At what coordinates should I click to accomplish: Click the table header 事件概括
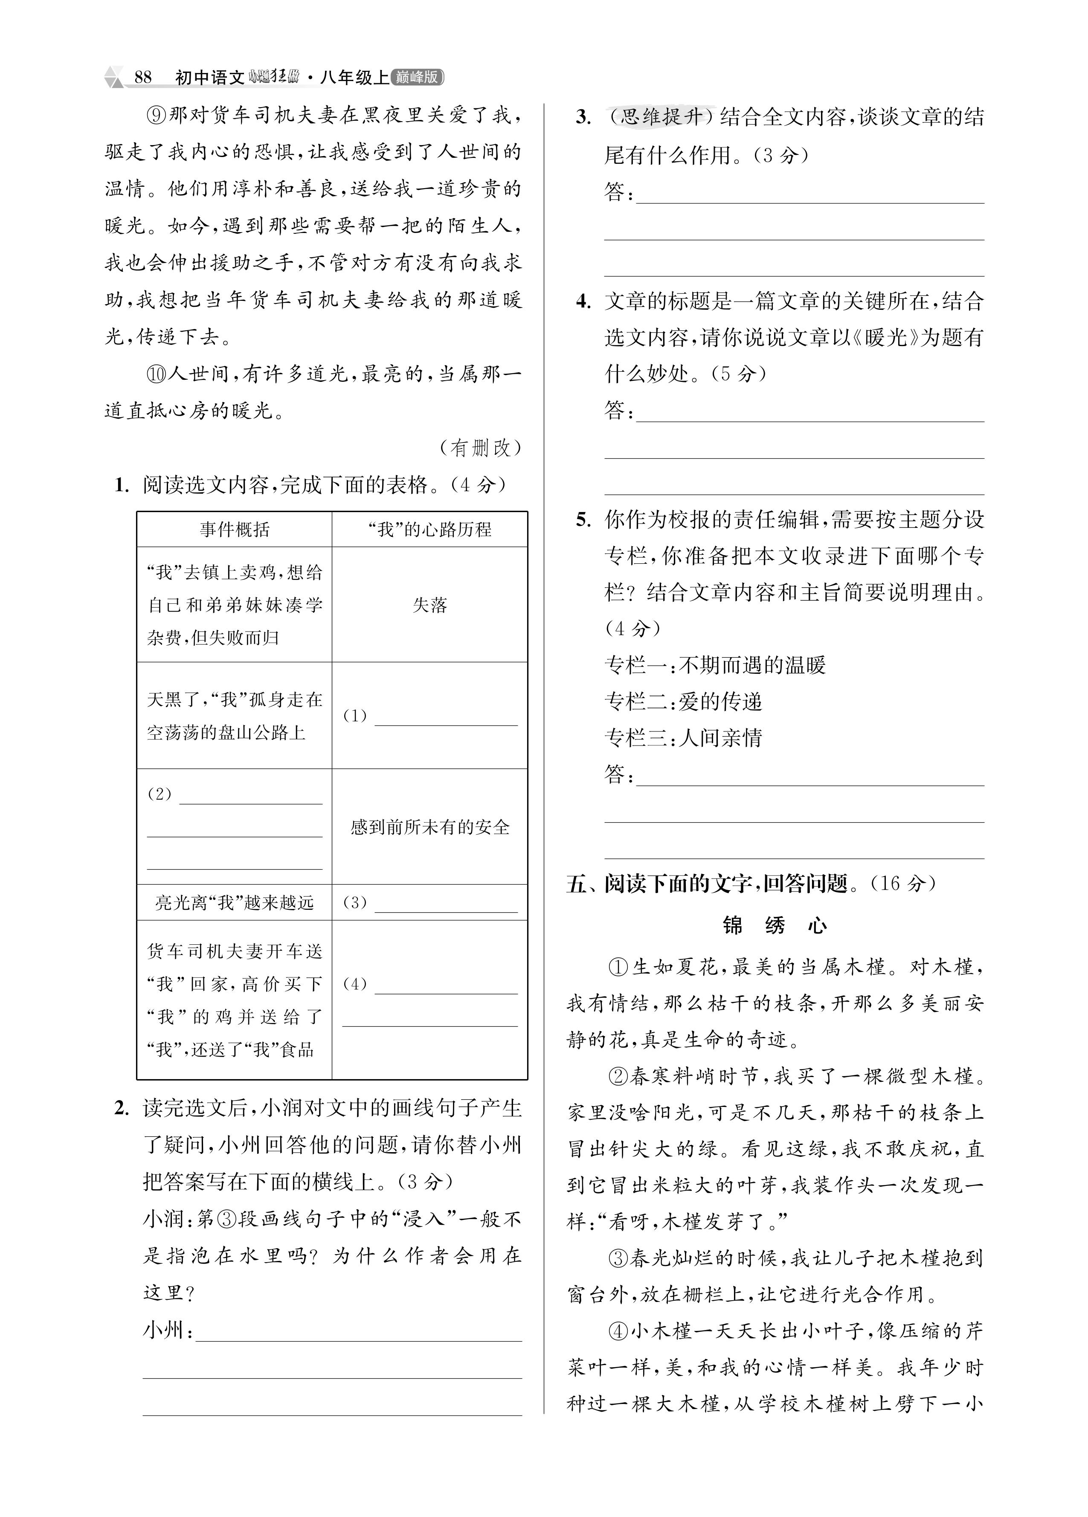click(x=234, y=530)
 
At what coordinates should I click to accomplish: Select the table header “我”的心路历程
click(x=429, y=530)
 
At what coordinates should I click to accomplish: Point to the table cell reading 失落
click(x=429, y=605)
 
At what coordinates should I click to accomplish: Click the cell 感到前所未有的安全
click(x=429, y=827)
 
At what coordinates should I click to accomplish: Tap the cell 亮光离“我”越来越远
click(x=234, y=903)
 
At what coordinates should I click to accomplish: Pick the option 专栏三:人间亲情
click(x=683, y=738)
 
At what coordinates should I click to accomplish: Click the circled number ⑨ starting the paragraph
click(x=155, y=115)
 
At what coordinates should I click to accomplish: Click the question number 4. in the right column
click(x=583, y=302)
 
